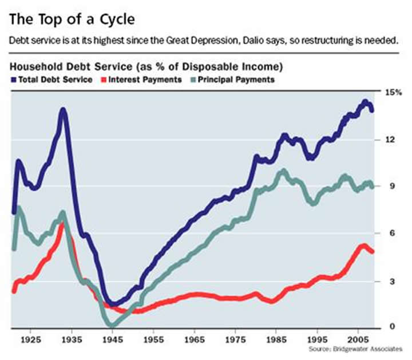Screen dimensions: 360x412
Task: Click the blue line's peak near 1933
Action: coord(63,109)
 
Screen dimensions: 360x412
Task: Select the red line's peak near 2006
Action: coord(363,246)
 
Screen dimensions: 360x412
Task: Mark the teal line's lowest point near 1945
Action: coord(113,326)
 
